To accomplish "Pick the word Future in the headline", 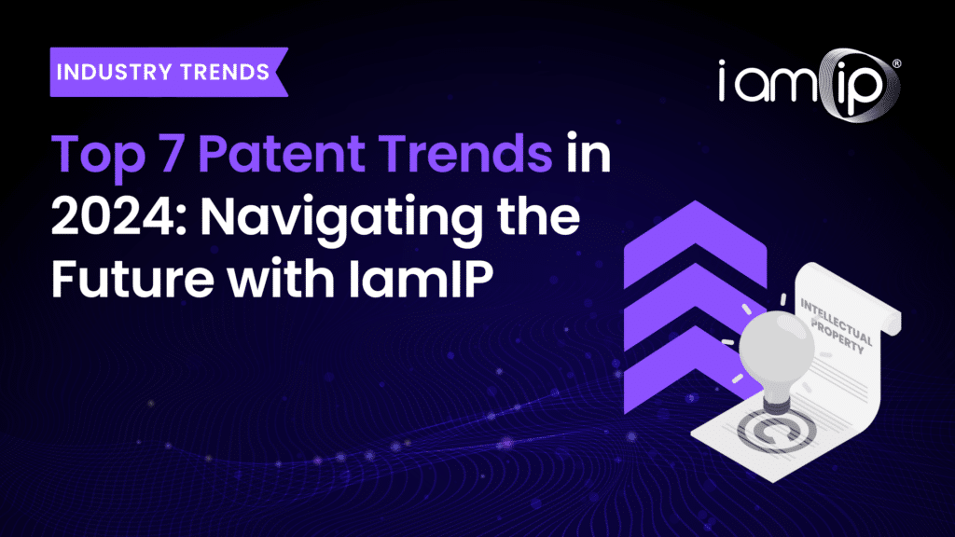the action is (x=132, y=279).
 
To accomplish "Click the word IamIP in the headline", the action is (x=421, y=279).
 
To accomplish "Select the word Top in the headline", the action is (x=98, y=156).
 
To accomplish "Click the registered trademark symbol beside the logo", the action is (x=896, y=63).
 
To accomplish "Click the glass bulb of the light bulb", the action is (x=777, y=347).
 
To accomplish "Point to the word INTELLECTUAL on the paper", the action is (x=837, y=321).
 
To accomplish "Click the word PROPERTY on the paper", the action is (x=838, y=337).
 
